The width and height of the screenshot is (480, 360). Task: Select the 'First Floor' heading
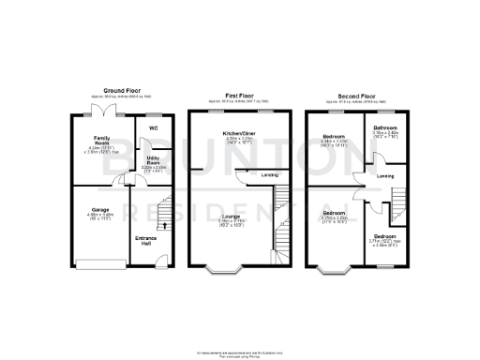[x=239, y=96]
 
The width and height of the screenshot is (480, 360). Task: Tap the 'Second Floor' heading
[x=360, y=96]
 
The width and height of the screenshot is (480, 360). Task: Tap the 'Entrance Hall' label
[x=144, y=240]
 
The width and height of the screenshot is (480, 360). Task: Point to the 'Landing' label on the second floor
[x=384, y=175]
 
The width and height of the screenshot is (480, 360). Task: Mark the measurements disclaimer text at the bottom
[x=239, y=351]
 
